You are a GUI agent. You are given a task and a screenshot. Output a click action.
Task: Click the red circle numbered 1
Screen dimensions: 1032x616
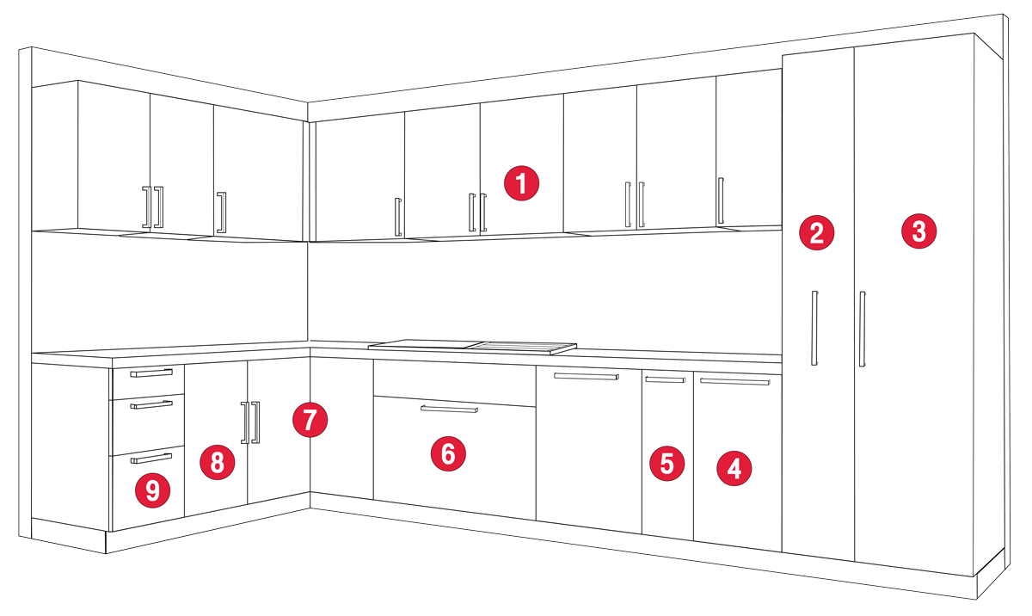(521, 183)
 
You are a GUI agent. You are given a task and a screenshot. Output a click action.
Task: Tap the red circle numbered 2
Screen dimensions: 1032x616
(816, 232)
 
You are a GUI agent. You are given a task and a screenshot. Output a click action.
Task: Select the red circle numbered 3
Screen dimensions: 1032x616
(918, 231)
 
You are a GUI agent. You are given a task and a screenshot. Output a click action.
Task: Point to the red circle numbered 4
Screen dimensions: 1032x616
(734, 469)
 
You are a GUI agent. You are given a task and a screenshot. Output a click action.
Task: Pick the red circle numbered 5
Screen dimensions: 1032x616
(666, 464)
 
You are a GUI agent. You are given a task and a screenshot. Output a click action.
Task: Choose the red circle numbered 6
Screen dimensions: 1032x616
(448, 453)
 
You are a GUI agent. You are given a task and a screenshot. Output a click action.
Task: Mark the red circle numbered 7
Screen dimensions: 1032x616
(310, 420)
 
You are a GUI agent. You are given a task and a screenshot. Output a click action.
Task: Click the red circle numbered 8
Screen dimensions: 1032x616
(217, 462)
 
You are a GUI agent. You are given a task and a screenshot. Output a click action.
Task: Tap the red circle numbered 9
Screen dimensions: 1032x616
(152, 490)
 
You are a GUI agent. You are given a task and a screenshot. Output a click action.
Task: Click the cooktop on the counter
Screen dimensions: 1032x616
(472, 347)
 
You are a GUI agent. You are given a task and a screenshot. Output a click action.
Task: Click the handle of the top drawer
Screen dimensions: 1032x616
(151, 373)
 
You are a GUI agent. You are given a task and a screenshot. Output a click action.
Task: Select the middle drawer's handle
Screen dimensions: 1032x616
(151, 405)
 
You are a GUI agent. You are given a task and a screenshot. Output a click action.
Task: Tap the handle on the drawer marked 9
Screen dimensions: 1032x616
(151, 459)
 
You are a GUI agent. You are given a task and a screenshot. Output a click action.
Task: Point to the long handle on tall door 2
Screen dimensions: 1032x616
(814, 328)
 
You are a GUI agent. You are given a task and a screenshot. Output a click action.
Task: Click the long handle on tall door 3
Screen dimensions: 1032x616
(862, 329)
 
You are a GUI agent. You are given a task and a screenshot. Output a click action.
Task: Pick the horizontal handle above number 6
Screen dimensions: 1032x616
(449, 409)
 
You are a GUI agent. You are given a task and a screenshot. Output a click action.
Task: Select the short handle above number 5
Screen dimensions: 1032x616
(666, 379)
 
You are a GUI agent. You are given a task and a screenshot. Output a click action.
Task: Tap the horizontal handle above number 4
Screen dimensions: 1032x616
(735, 381)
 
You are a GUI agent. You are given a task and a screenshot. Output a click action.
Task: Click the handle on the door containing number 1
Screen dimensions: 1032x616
(482, 213)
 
